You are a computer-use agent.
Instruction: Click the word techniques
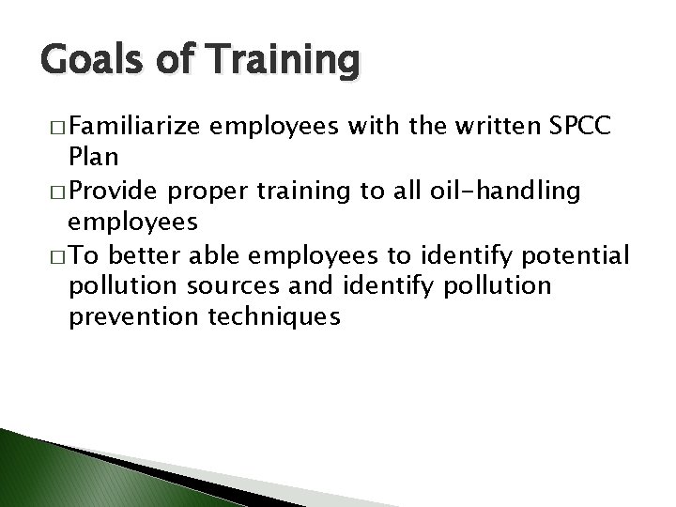tap(276, 317)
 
